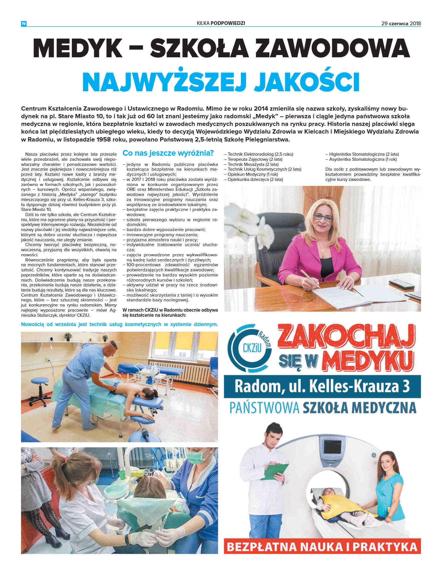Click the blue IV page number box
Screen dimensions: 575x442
[x=24, y=24]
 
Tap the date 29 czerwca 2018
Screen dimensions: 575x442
[x=401, y=24]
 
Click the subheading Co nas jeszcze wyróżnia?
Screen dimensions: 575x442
[x=168, y=153]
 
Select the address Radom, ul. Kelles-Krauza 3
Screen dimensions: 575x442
[x=322, y=386]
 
